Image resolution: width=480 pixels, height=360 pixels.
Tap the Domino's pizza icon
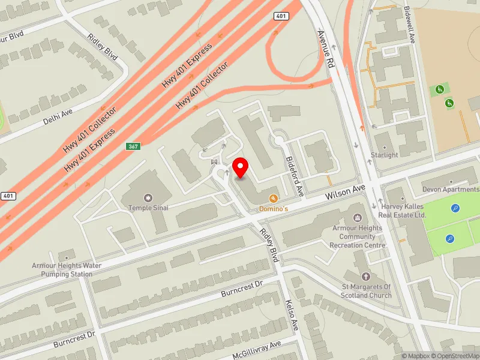point(274,198)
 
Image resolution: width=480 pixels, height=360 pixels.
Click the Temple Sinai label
point(148,208)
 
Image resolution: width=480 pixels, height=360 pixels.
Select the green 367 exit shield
point(133,146)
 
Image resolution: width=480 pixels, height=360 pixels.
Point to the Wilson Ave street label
point(345,193)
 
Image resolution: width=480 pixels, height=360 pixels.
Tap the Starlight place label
point(385,155)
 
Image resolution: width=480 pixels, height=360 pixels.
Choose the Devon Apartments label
point(451,190)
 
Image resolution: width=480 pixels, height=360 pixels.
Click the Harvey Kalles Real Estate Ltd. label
point(404,211)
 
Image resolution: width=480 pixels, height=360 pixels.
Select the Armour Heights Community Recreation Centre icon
point(358,217)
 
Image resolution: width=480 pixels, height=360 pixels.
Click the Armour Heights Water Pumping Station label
point(67,270)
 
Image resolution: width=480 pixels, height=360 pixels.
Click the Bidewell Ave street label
point(410,25)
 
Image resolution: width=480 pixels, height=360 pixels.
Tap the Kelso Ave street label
point(292,316)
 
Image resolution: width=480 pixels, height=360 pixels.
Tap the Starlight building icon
point(385,145)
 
